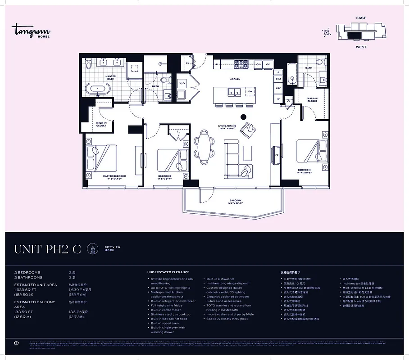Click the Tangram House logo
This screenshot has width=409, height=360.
click(x=31, y=31)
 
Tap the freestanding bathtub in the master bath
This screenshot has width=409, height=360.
click(x=97, y=88)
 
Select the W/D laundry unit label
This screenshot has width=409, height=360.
click(x=182, y=84)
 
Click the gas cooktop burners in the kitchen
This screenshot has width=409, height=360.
click(x=241, y=64)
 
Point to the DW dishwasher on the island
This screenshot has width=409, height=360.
click(x=250, y=92)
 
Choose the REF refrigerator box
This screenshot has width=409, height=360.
click(x=278, y=89)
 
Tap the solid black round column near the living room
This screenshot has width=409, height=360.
click(x=244, y=117)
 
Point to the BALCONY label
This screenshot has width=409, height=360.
click(x=235, y=200)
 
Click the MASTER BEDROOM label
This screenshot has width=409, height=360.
click(x=114, y=176)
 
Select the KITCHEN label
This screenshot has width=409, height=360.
click(x=235, y=79)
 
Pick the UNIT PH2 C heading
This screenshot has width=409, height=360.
click(x=48, y=249)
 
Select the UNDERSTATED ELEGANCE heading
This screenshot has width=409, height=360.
click(x=168, y=272)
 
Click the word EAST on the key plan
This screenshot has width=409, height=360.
click(x=361, y=18)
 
